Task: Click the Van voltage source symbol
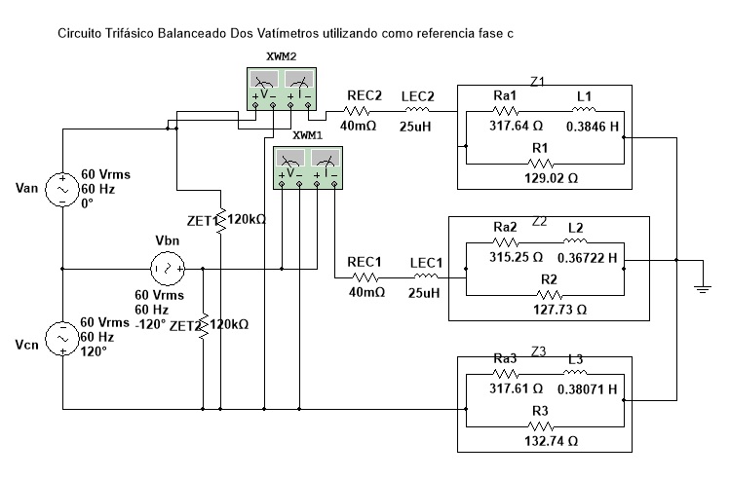pyautogui.click(x=62, y=189)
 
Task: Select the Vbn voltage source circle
pyautogui.click(x=168, y=269)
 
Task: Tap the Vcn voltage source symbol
pyautogui.click(x=62, y=339)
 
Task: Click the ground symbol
pyautogui.click(x=703, y=288)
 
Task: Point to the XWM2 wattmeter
pyautogui.click(x=282, y=89)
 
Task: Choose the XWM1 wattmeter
pyautogui.click(x=308, y=167)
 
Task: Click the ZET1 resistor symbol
pyautogui.click(x=221, y=220)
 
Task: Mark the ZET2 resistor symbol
pyautogui.click(x=204, y=326)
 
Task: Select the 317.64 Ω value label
pyautogui.click(x=516, y=126)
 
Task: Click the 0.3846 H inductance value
pyautogui.click(x=593, y=127)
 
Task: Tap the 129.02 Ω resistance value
pyautogui.click(x=552, y=178)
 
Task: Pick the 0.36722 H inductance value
pyautogui.click(x=587, y=258)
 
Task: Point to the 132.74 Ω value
pyautogui.click(x=552, y=440)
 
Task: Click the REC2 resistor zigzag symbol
pyautogui.click(x=357, y=111)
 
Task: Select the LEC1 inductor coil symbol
pyautogui.click(x=426, y=277)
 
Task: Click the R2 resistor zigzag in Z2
pyautogui.click(x=550, y=295)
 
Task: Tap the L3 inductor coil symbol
pyautogui.click(x=575, y=372)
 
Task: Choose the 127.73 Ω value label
pyautogui.click(x=560, y=310)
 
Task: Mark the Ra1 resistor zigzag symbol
pyautogui.click(x=505, y=111)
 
